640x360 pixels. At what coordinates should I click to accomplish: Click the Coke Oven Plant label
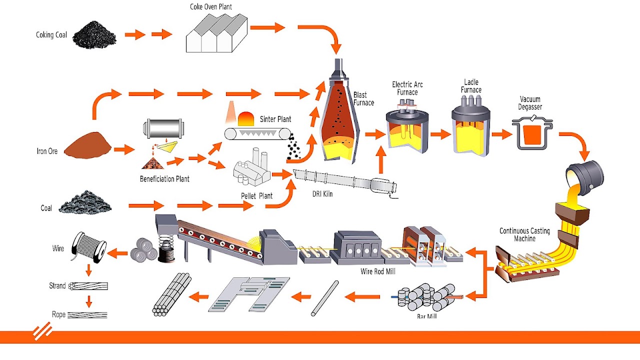click(211, 7)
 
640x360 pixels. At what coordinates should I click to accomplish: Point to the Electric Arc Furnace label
click(407, 88)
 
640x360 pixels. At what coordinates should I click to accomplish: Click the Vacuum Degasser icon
click(532, 131)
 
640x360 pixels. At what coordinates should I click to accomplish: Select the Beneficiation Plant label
click(164, 179)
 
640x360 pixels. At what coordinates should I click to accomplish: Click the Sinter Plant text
click(275, 119)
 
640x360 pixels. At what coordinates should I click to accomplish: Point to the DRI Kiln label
click(319, 194)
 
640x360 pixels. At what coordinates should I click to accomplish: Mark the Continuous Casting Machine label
click(524, 234)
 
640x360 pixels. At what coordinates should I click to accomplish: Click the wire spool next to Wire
click(90, 247)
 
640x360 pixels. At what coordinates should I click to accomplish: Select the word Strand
click(57, 286)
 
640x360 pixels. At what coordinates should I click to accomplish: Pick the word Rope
click(58, 314)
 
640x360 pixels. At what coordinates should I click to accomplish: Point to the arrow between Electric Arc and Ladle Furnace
click(440, 134)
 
